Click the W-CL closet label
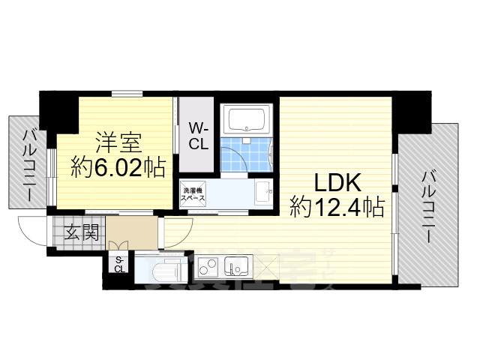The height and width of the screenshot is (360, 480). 199,135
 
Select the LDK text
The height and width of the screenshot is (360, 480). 337,183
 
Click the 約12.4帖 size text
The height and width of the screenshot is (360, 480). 337,207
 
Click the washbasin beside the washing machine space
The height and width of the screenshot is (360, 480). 263,193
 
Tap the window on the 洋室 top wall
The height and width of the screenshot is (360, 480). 124,94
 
